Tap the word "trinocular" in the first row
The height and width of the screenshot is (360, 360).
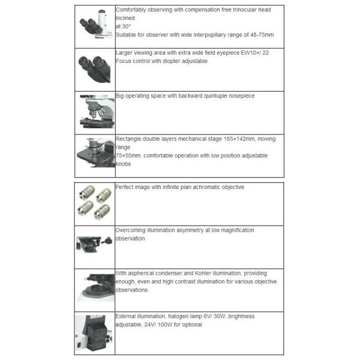245,10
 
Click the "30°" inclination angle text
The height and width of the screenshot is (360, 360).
126,26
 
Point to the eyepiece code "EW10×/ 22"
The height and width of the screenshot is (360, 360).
255,53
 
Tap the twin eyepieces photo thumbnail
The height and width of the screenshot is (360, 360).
94,69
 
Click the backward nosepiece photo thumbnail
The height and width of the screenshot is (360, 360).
97,112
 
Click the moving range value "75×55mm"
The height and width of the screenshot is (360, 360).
128,155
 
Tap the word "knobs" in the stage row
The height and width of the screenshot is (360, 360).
123,164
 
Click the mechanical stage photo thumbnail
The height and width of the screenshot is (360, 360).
96,152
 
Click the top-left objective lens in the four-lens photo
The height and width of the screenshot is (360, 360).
86,193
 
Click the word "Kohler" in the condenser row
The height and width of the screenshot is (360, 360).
203,273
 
